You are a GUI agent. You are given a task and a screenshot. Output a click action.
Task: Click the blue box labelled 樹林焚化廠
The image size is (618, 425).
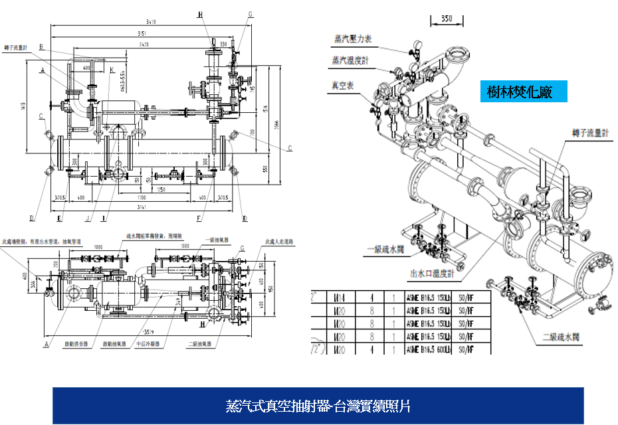tap(524, 92)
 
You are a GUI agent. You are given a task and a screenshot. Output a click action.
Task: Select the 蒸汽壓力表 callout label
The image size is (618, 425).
tap(352, 39)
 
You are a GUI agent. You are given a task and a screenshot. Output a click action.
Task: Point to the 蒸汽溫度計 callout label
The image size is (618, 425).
tap(350, 61)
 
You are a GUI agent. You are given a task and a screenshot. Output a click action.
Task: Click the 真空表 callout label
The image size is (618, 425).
tap(344, 85)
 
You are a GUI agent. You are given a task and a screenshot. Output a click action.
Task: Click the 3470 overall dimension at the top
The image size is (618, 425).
tap(154, 23)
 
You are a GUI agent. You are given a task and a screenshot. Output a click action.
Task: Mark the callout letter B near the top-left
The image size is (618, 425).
tap(41, 46)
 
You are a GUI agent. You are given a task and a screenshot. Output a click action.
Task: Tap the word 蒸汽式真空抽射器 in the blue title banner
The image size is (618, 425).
tap(278, 406)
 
